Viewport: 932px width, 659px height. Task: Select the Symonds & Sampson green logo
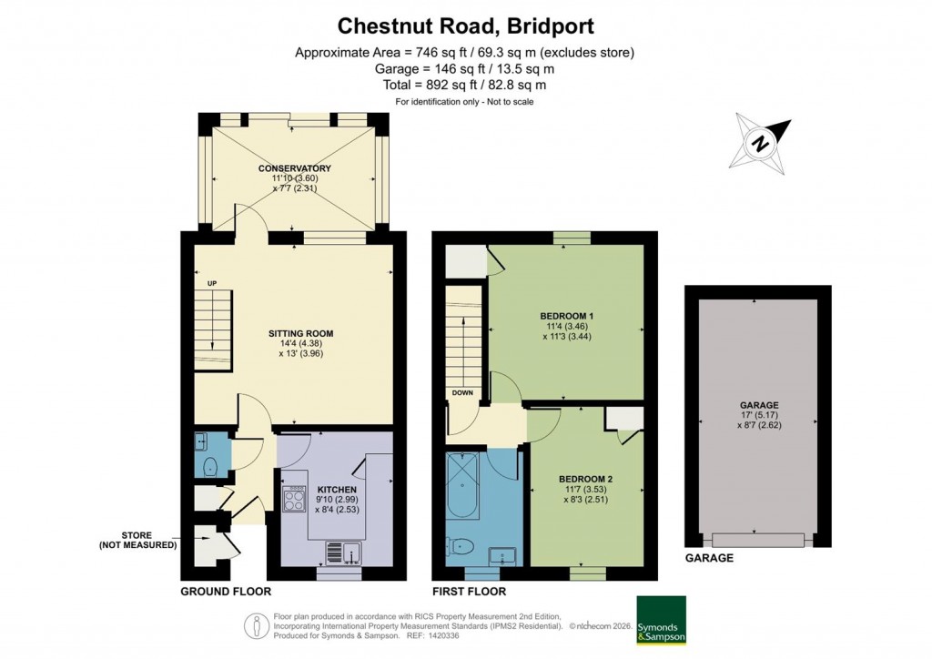[660, 621]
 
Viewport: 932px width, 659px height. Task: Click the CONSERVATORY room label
[294, 168]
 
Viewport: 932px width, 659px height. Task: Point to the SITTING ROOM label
[300, 334]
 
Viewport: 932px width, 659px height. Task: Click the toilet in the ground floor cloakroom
[209, 468]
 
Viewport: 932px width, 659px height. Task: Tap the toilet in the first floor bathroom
[461, 548]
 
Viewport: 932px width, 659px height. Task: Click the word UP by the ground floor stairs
[212, 283]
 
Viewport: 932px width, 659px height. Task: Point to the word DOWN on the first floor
[461, 393]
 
